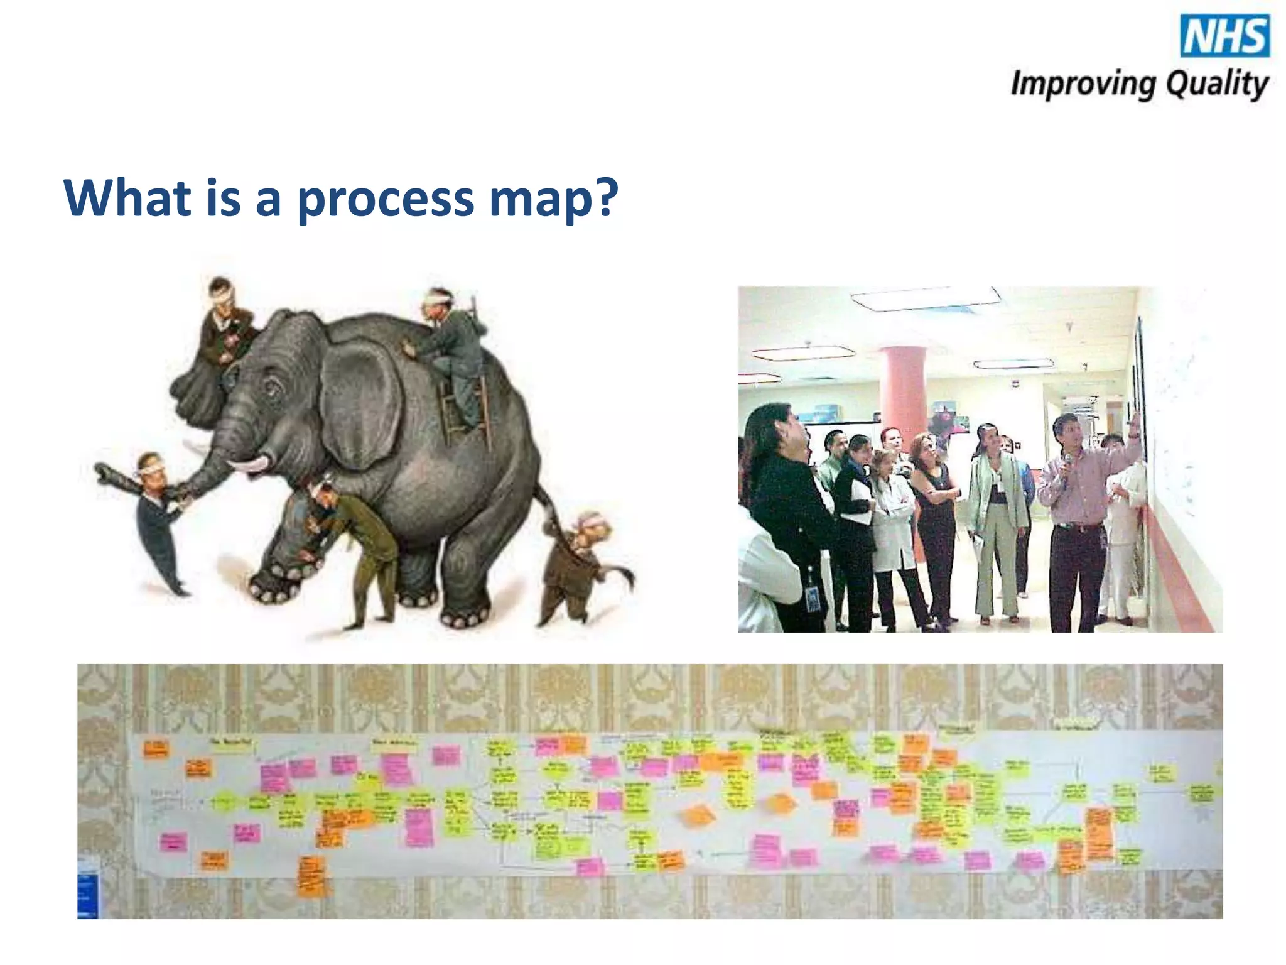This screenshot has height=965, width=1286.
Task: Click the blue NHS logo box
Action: [1224, 36]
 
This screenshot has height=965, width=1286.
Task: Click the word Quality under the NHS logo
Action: [1217, 85]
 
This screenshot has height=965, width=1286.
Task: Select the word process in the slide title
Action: [385, 199]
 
